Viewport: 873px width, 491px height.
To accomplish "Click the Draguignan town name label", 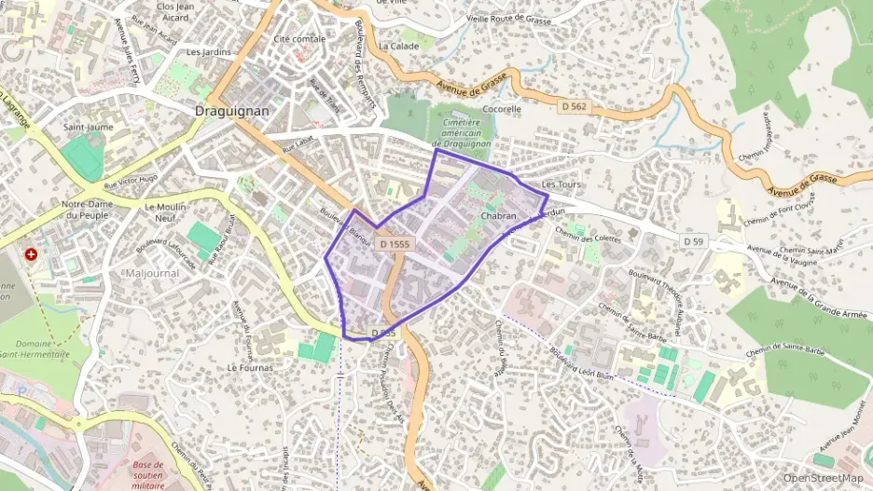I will point(232,110).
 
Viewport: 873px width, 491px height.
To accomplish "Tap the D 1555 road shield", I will point(395,243).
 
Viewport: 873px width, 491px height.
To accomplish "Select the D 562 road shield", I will point(575,107).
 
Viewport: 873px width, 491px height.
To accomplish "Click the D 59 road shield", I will point(692,241).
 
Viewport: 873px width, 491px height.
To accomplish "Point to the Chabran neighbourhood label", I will point(498,215).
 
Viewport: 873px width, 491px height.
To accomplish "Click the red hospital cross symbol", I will point(33,253).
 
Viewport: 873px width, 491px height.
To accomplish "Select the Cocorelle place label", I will point(502,108).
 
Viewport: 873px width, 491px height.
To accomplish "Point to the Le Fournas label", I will point(251,367).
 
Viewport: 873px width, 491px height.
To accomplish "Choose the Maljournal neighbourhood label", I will point(151,273).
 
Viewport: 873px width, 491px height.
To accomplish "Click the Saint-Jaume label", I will point(88,126).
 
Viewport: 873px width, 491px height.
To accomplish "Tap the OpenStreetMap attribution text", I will point(824,478).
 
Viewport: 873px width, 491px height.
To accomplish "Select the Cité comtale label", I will point(299,39).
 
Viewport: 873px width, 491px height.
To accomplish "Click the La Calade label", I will point(398,45).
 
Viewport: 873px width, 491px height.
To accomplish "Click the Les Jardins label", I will point(208,52).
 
